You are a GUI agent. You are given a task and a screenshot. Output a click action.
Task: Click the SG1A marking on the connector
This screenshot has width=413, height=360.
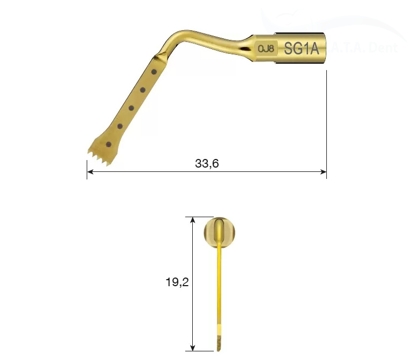click(x=302, y=49)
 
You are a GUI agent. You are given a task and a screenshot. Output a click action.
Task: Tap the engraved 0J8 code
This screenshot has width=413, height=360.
click(x=266, y=49)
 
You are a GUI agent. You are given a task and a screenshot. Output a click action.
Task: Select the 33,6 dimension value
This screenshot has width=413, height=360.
click(x=207, y=163)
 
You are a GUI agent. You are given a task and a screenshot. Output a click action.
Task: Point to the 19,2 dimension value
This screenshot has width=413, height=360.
click(x=177, y=281)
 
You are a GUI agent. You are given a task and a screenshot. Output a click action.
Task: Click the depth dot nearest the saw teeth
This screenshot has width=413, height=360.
click(x=109, y=144)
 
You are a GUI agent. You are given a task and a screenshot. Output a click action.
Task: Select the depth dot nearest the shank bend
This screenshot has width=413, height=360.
click(x=154, y=71)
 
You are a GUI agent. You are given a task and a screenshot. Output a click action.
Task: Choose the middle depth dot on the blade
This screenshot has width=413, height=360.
click(x=131, y=108)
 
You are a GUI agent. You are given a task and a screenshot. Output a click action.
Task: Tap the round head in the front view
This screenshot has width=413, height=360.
click(x=220, y=233)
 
